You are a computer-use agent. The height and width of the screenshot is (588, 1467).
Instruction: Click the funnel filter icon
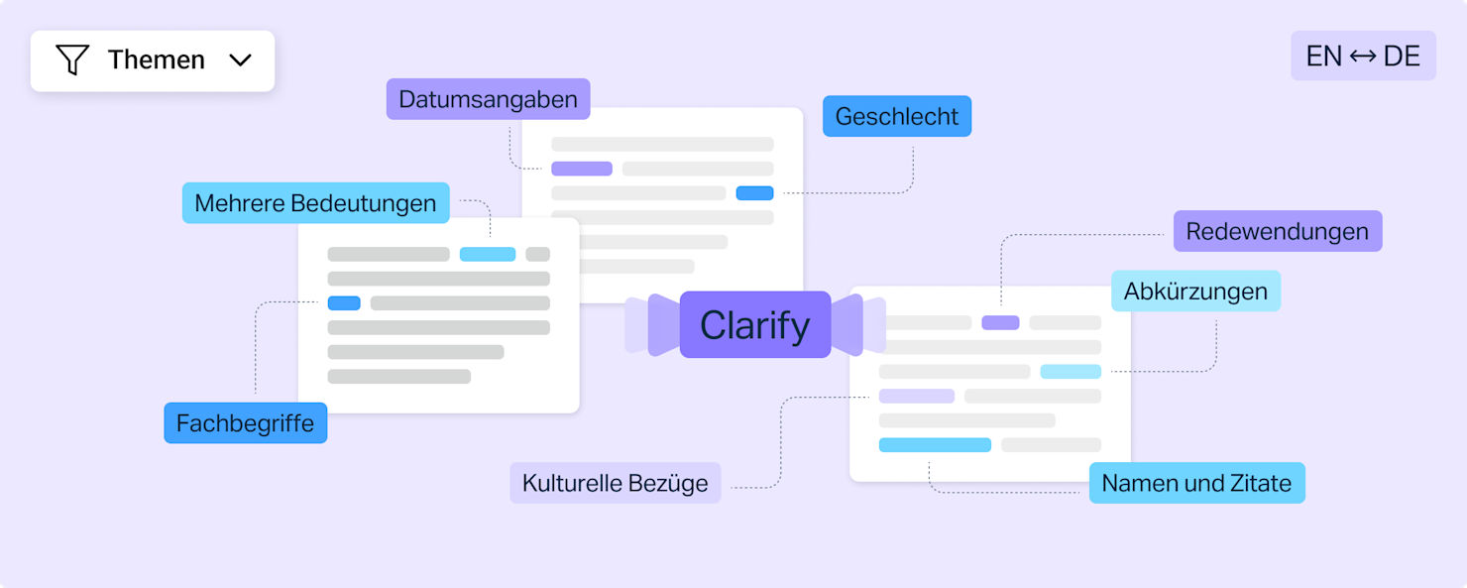point(72,59)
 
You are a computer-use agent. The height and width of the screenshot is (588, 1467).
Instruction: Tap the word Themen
point(157,59)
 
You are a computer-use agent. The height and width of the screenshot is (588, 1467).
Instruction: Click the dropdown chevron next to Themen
point(240,60)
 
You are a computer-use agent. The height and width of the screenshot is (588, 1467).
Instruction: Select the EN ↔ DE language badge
point(1363,56)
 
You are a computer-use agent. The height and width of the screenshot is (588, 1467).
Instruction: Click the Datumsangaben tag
point(488,99)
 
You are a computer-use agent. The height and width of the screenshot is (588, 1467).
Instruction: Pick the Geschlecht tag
point(897,116)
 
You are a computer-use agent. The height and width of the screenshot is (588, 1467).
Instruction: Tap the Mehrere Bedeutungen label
point(315,203)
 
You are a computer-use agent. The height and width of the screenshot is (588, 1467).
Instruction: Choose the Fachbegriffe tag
point(246,423)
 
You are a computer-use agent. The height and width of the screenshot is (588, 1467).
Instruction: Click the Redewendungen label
point(1277,231)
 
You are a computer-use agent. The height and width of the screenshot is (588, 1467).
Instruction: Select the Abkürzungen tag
point(1195,291)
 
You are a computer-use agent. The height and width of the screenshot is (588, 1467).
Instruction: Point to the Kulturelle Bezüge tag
point(615,483)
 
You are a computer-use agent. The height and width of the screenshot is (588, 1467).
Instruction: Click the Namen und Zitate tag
point(1196,483)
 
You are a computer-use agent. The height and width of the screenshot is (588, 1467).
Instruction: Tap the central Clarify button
point(755,324)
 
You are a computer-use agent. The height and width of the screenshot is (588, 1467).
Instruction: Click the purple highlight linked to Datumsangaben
point(582,169)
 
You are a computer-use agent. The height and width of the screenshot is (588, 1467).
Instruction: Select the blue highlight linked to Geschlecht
point(754,192)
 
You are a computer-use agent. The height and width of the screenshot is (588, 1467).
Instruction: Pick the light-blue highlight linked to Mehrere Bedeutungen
point(488,254)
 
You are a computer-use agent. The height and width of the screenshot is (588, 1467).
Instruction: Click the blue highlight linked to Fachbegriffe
point(344,302)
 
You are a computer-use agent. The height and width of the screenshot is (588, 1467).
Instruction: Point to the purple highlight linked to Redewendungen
point(1000,322)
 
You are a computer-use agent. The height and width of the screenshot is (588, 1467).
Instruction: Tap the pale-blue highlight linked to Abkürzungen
point(1071,371)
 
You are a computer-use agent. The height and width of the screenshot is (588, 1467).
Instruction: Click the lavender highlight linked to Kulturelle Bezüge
point(916,396)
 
